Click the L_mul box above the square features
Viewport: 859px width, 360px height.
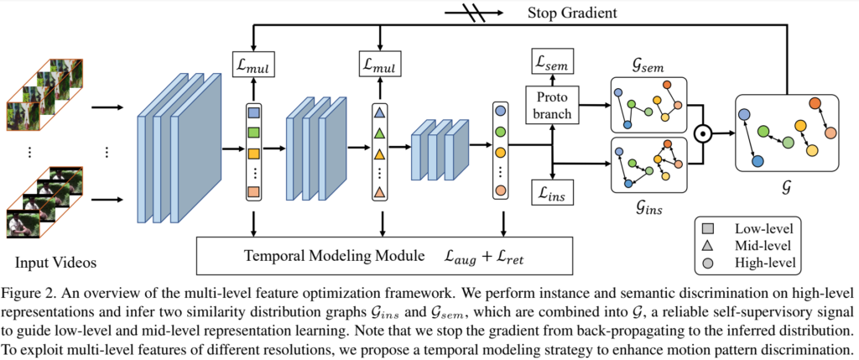pyautogui.click(x=254, y=64)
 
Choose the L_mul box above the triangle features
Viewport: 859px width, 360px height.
pyautogui.click(x=379, y=64)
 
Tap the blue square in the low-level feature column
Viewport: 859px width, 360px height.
pyautogui.click(x=254, y=112)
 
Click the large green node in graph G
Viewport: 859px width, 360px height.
pyautogui.click(x=763, y=130)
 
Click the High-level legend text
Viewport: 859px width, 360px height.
pyautogui.click(x=766, y=263)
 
